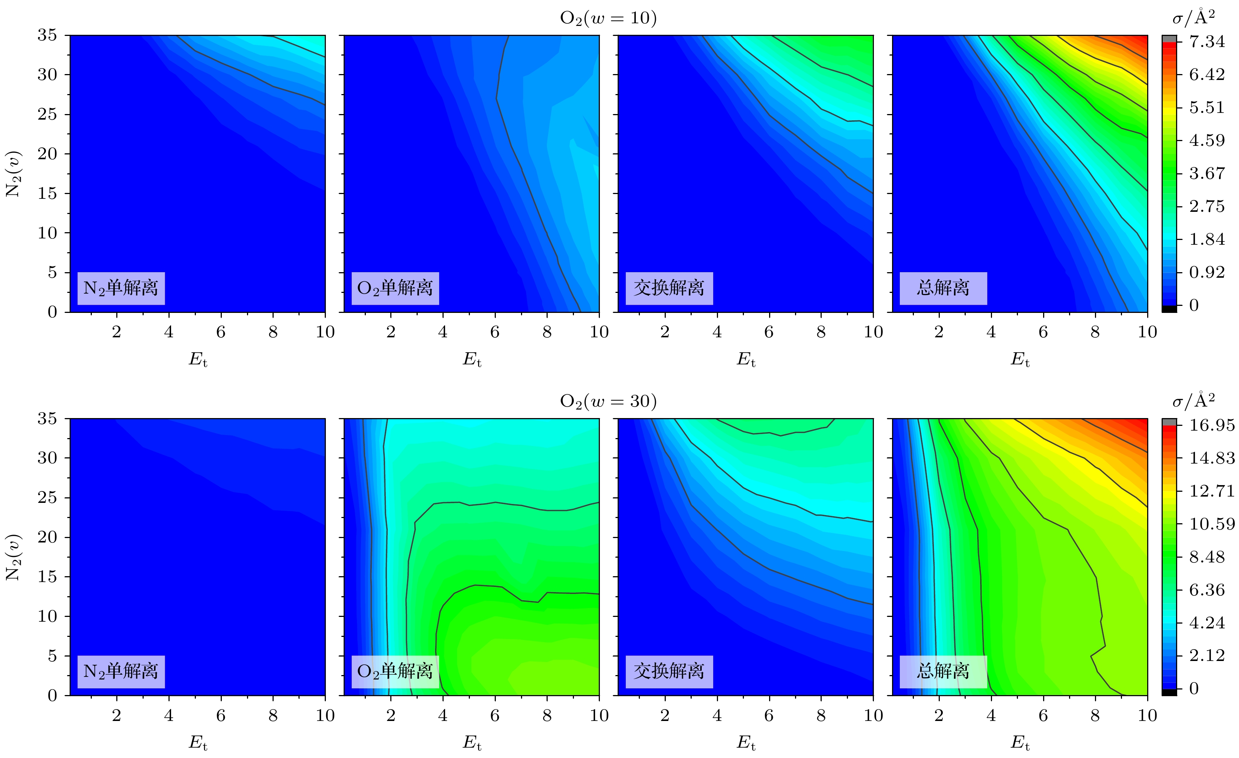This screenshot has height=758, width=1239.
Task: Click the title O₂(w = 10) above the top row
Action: (x=608, y=18)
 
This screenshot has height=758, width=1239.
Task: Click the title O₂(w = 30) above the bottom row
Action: (x=608, y=401)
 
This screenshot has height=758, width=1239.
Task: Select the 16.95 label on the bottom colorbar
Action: (x=1211, y=425)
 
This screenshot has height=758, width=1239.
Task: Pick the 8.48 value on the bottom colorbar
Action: (x=1207, y=557)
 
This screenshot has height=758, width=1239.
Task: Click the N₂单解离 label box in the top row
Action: (x=121, y=288)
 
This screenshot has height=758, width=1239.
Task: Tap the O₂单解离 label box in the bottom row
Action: (x=395, y=671)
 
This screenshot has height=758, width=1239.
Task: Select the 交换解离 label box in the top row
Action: (x=669, y=288)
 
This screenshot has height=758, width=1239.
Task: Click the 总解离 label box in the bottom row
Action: (x=943, y=671)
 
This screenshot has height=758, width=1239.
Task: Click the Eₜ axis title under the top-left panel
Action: (x=198, y=360)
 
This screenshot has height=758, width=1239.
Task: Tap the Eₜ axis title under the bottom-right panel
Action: (x=1020, y=743)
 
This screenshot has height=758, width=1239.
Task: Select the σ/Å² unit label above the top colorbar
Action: (x=1193, y=18)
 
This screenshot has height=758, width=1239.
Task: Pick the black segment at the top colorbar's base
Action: (x=1169, y=309)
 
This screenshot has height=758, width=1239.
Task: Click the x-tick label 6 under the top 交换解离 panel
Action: (x=769, y=332)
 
